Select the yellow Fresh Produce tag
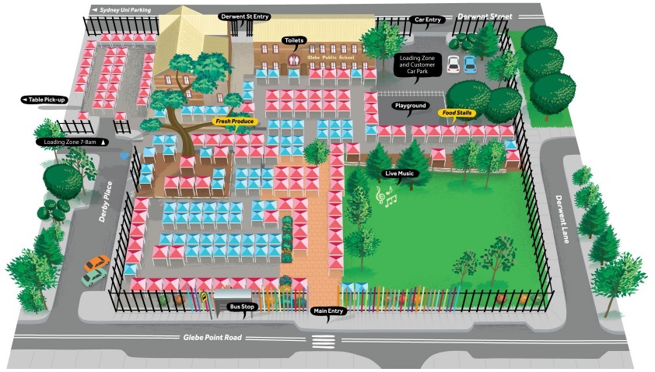(x=234, y=121)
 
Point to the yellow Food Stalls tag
(x=459, y=113)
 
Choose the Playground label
(x=410, y=105)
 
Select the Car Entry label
(x=429, y=19)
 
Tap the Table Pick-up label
(x=47, y=100)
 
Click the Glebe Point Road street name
(x=212, y=337)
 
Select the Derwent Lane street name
(x=563, y=219)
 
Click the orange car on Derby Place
(x=96, y=264)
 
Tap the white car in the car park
(x=454, y=63)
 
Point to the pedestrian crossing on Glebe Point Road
(x=322, y=341)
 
